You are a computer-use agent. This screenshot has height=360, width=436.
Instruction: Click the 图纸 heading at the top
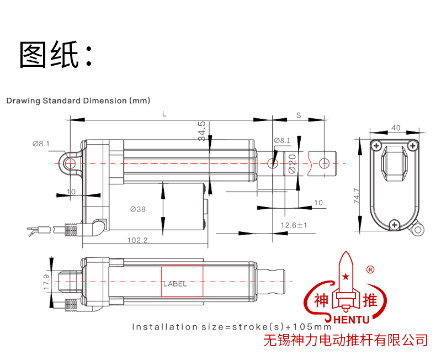click(x=55, y=55)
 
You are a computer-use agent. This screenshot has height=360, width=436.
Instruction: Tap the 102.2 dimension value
click(x=137, y=240)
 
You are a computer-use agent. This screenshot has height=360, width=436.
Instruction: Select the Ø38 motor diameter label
click(x=138, y=209)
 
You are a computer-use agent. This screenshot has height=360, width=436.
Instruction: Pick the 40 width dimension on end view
click(x=395, y=128)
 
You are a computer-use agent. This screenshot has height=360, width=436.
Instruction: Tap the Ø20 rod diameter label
click(x=292, y=164)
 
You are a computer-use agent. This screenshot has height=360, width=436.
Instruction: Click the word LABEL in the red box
click(x=175, y=284)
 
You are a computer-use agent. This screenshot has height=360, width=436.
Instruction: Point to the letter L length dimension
click(x=164, y=114)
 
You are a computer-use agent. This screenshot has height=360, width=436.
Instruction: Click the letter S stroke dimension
click(x=298, y=115)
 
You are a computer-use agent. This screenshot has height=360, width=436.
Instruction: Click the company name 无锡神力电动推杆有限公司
click(x=346, y=340)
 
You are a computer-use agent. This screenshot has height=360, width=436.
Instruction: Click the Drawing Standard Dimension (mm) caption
click(x=78, y=100)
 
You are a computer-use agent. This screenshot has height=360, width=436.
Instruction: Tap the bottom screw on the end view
click(x=394, y=224)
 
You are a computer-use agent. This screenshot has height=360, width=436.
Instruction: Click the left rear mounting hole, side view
click(x=70, y=163)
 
